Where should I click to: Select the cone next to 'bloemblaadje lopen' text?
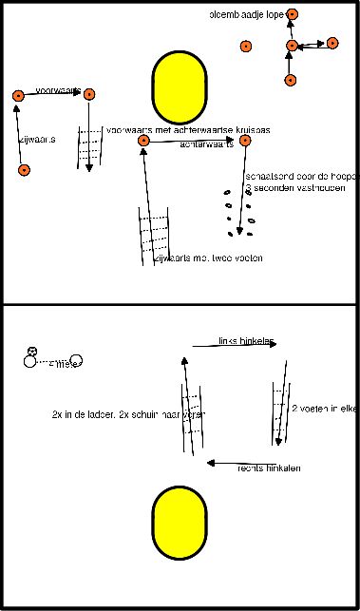coord(292,14)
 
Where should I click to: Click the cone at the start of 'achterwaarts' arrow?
coord(143,141)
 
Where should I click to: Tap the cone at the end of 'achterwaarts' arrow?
coord(245,141)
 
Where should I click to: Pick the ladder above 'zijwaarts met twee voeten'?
coord(154,233)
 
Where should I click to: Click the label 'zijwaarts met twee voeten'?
coord(207,258)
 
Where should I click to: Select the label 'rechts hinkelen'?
coord(269,468)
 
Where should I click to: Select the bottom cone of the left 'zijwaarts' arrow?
coord(24,170)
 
